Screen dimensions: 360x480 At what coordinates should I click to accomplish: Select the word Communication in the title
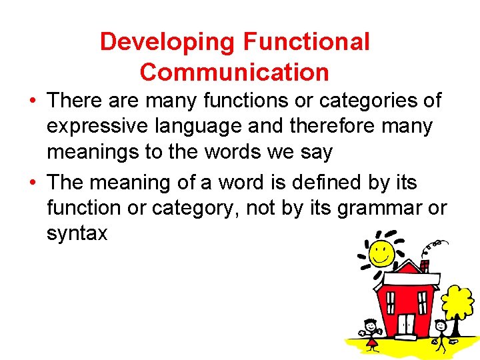pos(235,71)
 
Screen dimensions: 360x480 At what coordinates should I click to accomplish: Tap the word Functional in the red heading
pos(306,42)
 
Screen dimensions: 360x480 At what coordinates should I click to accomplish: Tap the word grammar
pos(382,207)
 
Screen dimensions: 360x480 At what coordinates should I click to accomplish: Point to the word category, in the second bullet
pos(196,207)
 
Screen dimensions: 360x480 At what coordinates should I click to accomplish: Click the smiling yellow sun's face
pos(382,254)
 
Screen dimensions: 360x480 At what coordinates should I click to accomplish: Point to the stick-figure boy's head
pos(440,326)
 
